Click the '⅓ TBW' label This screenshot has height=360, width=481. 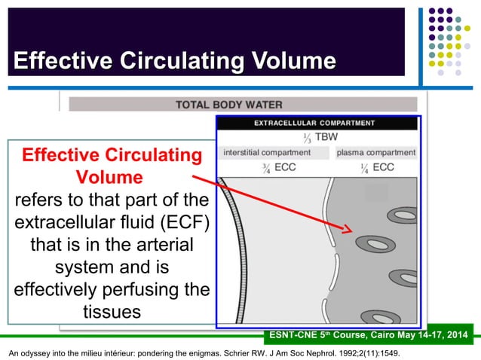(317, 138)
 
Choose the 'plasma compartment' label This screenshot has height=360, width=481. (375, 153)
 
